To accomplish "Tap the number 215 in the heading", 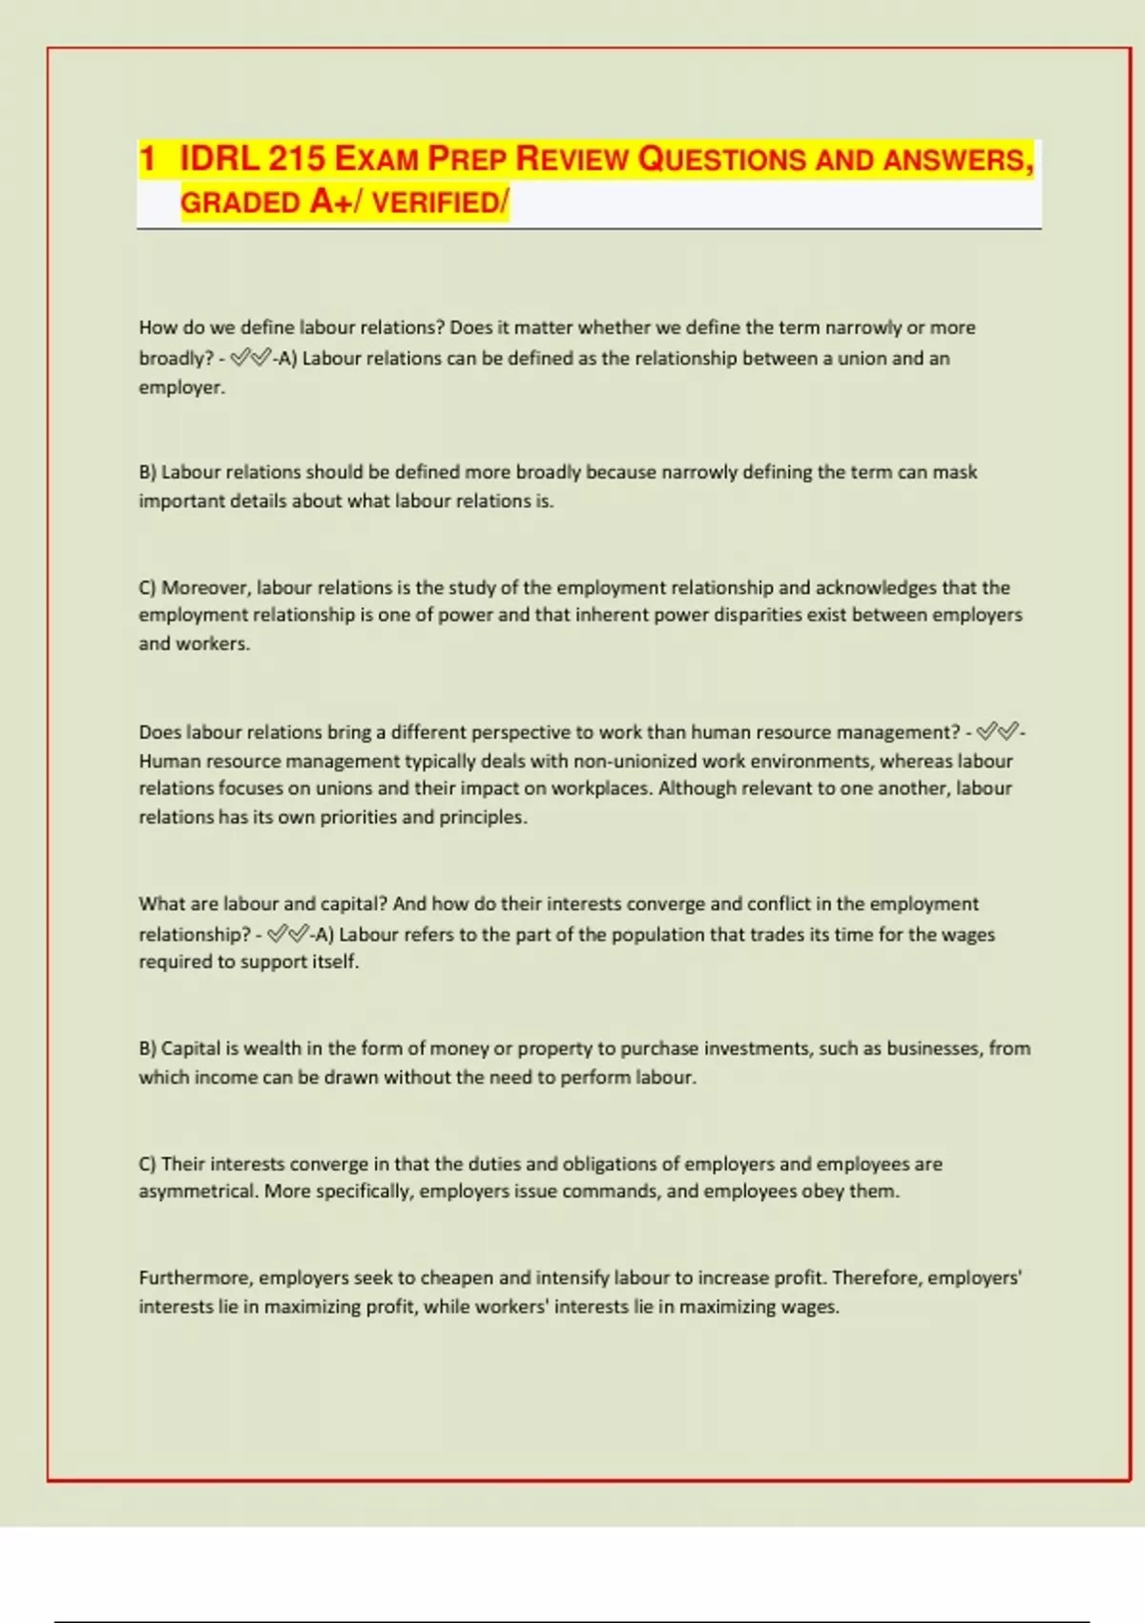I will (x=297, y=158).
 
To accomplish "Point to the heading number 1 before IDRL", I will (x=147, y=158).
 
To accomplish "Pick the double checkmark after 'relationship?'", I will (x=288, y=934).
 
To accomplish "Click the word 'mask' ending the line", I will (x=954, y=472).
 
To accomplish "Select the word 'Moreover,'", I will (x=205, y=587).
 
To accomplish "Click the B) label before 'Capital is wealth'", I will (x=147, y=1048).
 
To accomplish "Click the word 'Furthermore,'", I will (x=195, y=1278).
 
